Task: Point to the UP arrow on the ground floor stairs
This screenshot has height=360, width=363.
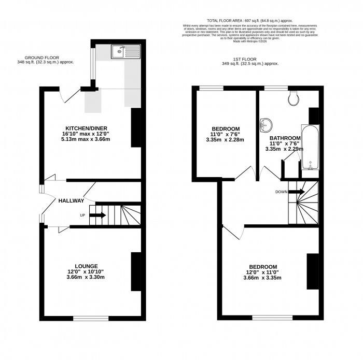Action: click(99, 215)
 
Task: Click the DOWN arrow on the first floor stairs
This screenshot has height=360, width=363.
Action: click(297, 192)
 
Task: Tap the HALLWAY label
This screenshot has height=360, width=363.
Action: click(71, 200)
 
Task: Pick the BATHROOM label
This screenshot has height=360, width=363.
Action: click(285, 138)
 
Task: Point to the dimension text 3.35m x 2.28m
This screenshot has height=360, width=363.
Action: click(225, 140)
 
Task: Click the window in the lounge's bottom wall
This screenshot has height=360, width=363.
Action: click(90, 317)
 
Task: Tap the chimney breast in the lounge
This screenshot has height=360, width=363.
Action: click(136, 272)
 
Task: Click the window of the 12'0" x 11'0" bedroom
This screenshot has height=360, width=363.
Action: click(272, 317)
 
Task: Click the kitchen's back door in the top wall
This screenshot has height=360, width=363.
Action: click(68, 95)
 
